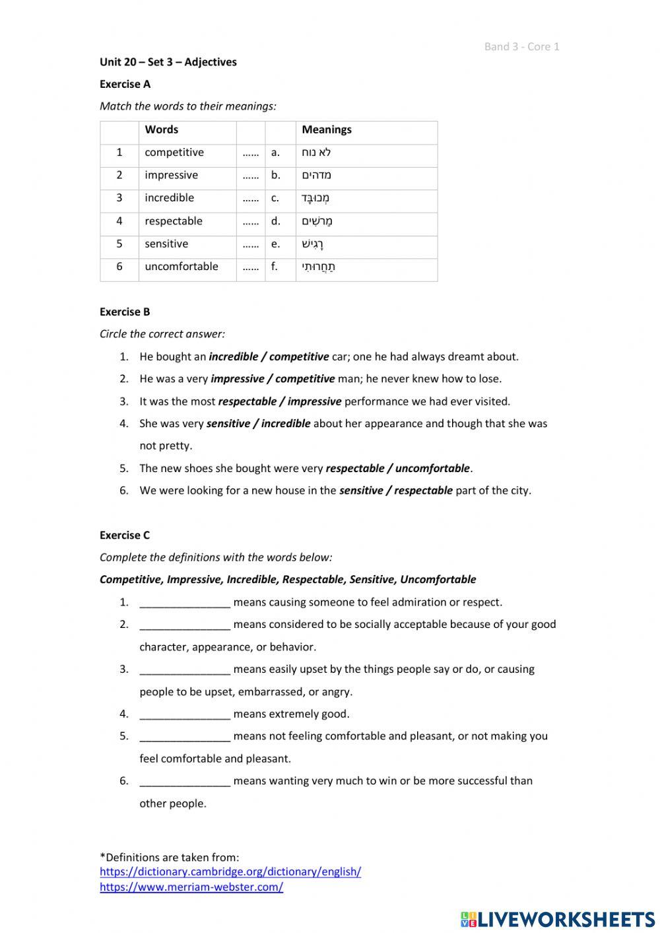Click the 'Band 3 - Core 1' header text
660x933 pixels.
[x=521, y=46]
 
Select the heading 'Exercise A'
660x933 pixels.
[x=125, y=84]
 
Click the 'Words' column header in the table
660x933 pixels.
[x=161, y=130]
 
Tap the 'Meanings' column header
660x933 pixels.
[x=327, y=130]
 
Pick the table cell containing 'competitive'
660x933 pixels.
[x=174, y=153]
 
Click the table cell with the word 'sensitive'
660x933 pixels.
[x=166, y=244]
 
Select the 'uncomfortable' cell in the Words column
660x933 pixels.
[x=181, y=267]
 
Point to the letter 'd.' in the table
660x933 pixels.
[x=275, y=221]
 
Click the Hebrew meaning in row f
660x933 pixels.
[x=319, y=267]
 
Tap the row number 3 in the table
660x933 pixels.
[x=119, y=198]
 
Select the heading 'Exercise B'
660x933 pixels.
[x=125, y=312]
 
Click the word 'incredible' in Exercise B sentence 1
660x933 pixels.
[x=233, y=357]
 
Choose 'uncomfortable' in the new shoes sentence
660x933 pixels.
[x=432, y=468]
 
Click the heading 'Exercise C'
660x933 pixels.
[x=125, y=535]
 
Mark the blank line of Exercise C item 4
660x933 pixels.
[x=185, y=714]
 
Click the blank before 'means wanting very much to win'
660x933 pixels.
[x=185, y=782]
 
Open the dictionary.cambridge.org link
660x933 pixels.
[x=230, y=872]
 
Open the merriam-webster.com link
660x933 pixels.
[x=191, y=887]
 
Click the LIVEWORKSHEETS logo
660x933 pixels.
[x=558, y=918]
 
